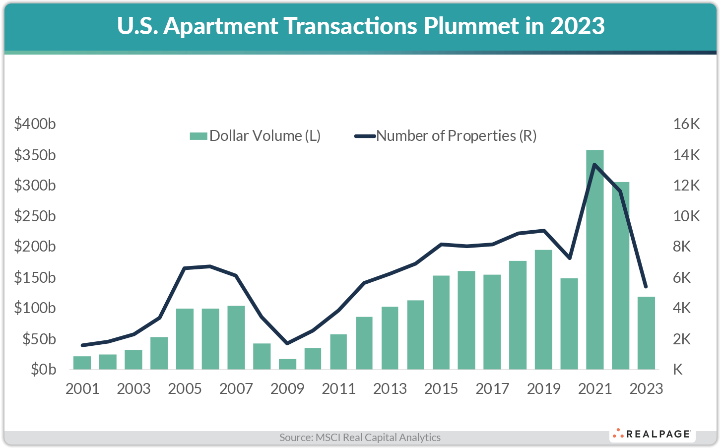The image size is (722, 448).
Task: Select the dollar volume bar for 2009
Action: tap(287, 364)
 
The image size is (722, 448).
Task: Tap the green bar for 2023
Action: tap(646, 333)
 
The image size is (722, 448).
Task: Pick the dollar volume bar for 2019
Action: tap(543, 310)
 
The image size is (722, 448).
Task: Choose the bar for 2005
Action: tap(185, 339)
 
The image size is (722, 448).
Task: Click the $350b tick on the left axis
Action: tap(35, 155)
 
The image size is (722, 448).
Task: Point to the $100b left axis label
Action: tap(35, 308)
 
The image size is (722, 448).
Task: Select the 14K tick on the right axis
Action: tap(686, 155)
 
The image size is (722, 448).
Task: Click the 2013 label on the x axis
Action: tap(390, 388)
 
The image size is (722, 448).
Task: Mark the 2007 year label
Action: tap(236, 388)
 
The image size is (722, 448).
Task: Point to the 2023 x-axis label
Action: tap(646, 388)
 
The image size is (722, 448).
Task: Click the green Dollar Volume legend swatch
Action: tap(198, 136)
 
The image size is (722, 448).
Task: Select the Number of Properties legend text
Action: tap(456, 136)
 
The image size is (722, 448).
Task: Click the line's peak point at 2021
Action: tap(594, 165)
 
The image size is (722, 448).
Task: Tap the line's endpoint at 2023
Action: tap(646, 287)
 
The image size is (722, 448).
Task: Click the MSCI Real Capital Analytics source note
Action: tap(360, 438)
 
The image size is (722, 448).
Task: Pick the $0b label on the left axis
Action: tap(43, 370)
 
